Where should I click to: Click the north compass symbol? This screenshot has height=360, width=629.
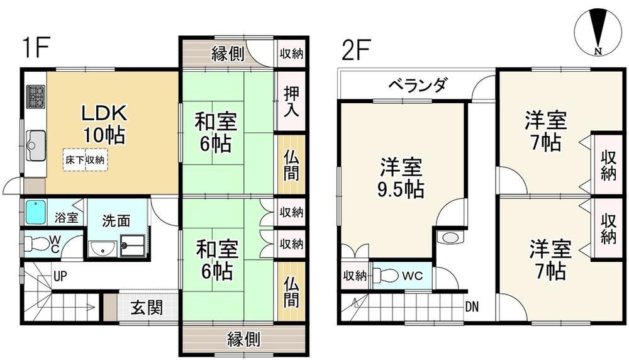(x=598, y=33)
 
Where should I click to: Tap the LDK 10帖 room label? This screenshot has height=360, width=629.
(x=104, y=124)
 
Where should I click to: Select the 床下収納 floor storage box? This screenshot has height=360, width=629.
(x=86, y=160)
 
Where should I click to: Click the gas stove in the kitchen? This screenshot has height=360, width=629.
(x=35, y=97)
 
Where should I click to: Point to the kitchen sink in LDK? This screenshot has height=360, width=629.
(x=36, y=145)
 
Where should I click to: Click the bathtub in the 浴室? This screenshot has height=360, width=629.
(x=36, y=213)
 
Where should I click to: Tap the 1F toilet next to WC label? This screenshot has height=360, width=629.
(x=36, y=243)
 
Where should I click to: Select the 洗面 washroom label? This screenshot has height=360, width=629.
(x=116, y=220)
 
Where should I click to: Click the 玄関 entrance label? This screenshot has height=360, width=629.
(x=147, y=308)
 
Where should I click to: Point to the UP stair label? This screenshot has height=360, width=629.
(x=60, y=276)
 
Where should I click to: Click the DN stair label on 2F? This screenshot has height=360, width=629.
(x=472, y=307)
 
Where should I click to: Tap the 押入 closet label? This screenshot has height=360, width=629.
(x=291, y=101)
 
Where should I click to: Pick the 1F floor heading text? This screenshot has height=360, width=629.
(x=36, y=48)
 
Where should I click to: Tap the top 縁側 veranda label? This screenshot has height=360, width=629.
(x=228, y=53)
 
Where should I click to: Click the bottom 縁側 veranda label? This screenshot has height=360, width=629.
(x=244, y=339)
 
